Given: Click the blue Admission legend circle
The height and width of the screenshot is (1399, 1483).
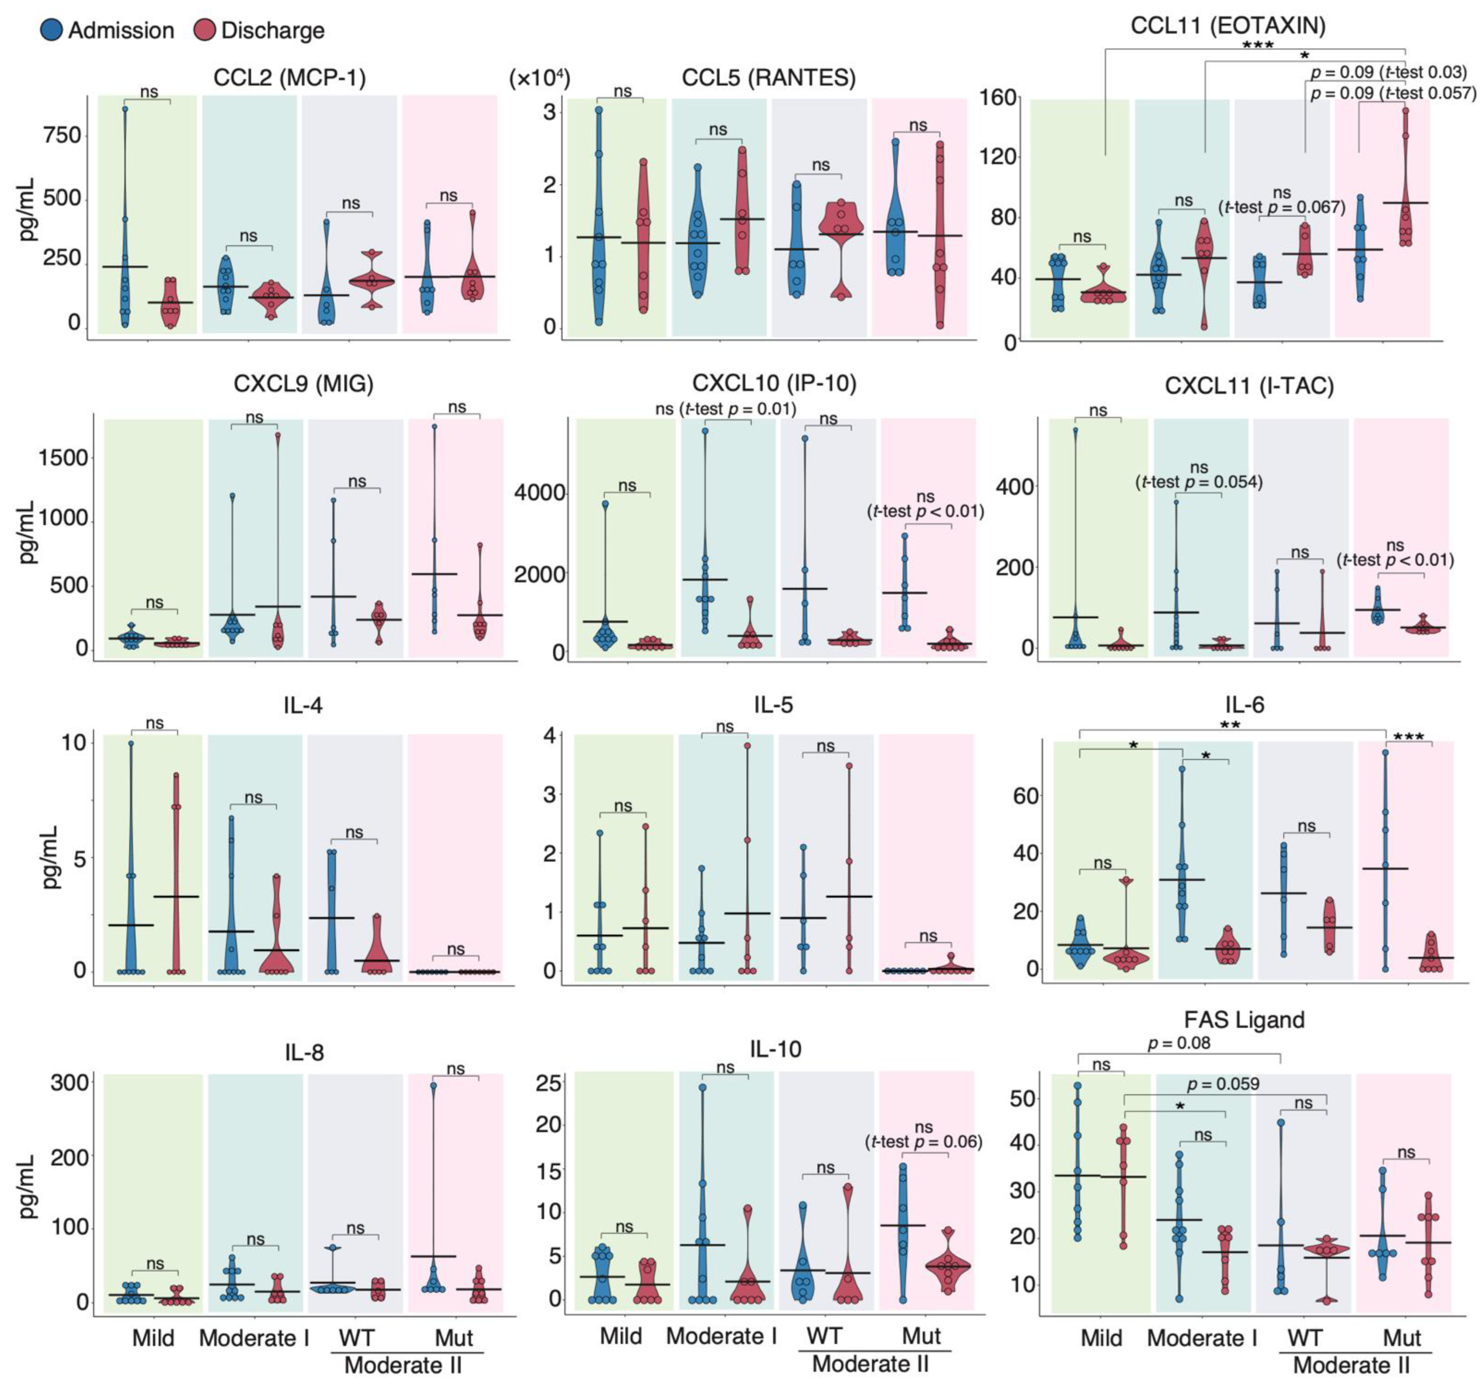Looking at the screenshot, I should (x=52, y=31).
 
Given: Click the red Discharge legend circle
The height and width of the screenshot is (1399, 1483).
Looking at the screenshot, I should (x=204, y=31).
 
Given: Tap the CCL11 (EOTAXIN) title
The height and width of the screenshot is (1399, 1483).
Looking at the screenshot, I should (x=1228, y=25).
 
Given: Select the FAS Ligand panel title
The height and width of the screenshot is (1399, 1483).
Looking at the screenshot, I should (x=1244, y=1019).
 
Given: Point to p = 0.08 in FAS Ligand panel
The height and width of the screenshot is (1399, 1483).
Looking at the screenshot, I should (x=1179, y=1043).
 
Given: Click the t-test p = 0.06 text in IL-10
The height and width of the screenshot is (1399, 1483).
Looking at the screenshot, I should (x=923, y=1142).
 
